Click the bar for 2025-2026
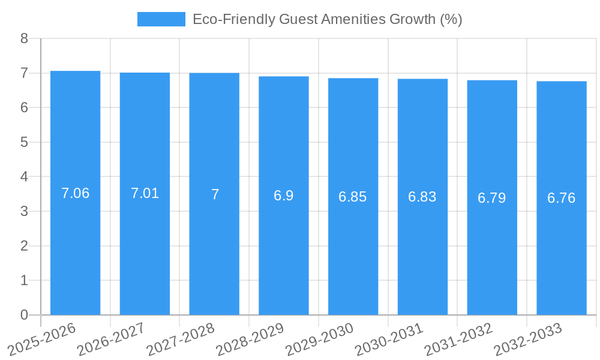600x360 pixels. (75, 193)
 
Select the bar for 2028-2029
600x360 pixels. (284, 196)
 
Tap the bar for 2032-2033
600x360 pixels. (562, 198)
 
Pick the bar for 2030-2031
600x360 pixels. (422, 197)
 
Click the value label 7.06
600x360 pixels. (75, 193)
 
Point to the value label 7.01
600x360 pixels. (145, 193)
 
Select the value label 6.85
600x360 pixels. (353, 197)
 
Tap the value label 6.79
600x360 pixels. (492, 198)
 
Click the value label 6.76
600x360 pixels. (562, 198)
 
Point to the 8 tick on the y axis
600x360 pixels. (24, 38)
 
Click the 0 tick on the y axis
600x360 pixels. (24, 315)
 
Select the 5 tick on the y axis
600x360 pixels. (24, 142)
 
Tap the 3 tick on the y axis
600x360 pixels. (24, 211)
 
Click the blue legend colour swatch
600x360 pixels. (161, 19)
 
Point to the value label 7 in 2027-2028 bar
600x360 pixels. (215, 194)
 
